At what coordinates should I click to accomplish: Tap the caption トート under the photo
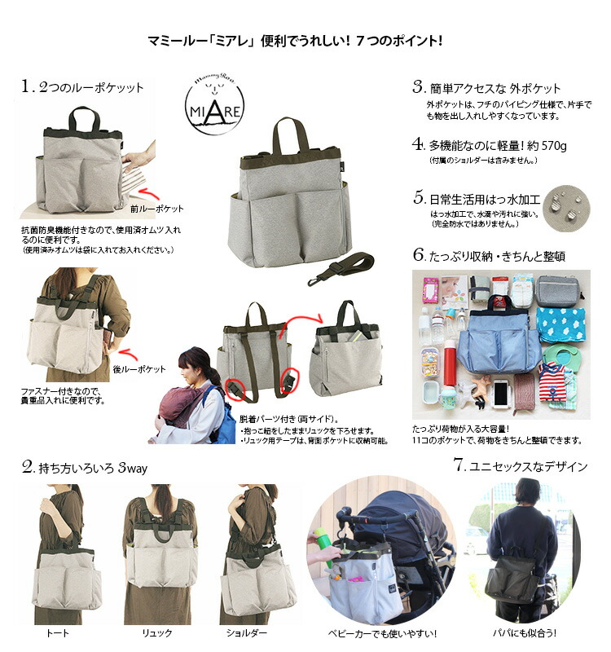point(59,632)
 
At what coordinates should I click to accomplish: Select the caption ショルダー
point(248,632)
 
